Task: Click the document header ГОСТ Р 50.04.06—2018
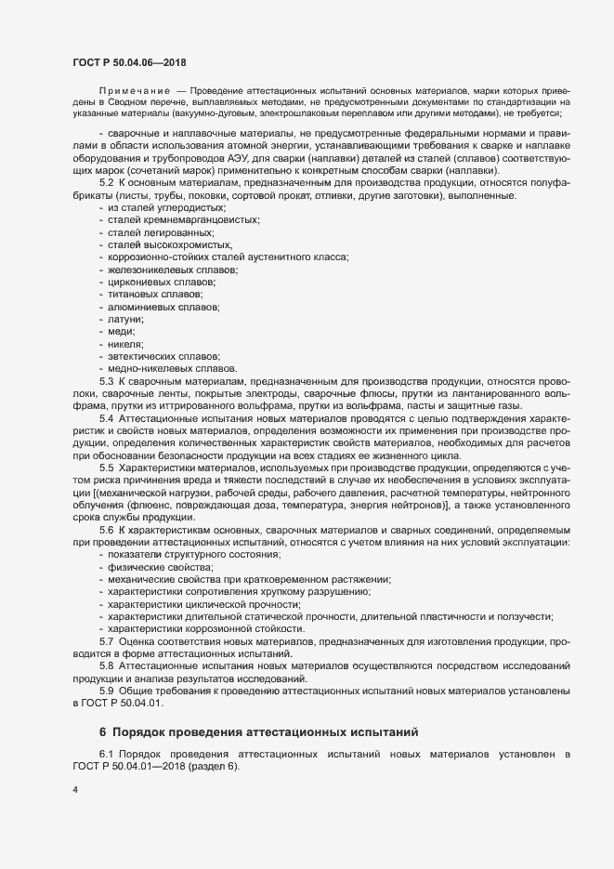129,61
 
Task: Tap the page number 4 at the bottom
74,790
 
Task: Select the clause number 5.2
106,184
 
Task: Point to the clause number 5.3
106,382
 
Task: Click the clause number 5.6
106,529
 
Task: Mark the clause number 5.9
106,692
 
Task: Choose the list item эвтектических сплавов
152,357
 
